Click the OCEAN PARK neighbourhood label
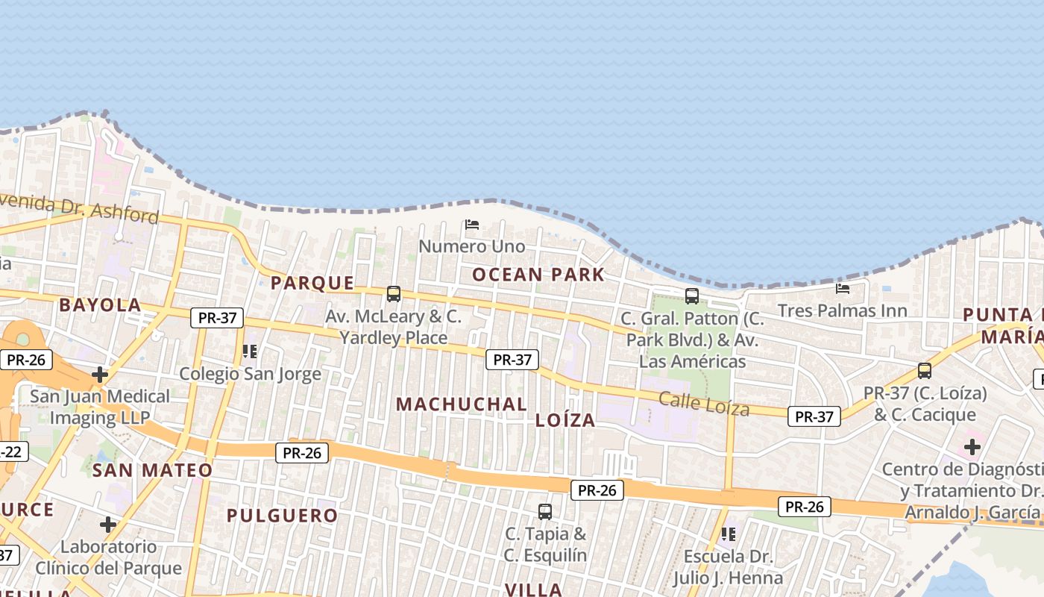538,275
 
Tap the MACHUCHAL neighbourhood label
461,404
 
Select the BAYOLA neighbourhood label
100,304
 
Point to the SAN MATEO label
152,470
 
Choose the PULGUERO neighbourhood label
282,516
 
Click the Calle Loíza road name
704,403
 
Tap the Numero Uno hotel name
471,246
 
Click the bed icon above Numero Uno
471,224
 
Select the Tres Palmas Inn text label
842,310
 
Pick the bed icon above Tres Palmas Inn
843,288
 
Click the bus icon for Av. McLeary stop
394,294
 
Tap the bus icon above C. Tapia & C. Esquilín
545,512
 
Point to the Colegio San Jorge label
250,374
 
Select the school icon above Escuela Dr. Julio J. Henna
729,534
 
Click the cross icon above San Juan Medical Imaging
100,374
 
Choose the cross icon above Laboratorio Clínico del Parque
108,525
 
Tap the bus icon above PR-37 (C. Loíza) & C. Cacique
925,370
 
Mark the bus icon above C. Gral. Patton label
692,296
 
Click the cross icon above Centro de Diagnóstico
972,447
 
